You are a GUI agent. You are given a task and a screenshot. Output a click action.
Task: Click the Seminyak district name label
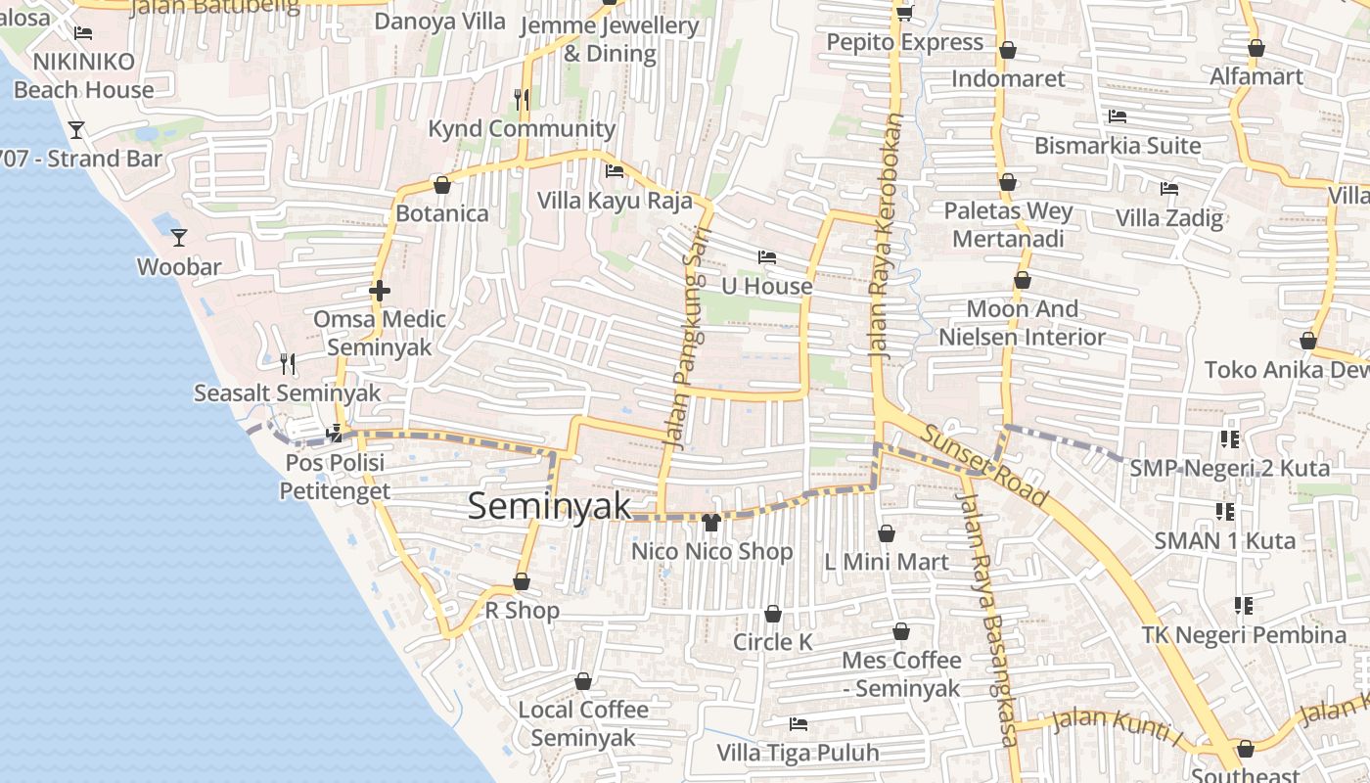(x=549, y=506)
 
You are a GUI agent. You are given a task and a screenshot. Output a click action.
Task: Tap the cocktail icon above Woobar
(x=178, y=237)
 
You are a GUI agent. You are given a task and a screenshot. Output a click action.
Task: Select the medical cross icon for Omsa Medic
(x=380, y=291)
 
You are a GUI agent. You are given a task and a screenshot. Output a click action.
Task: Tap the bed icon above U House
(x=767, y=257)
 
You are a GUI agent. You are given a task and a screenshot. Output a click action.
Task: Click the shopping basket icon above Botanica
(x=442, y=184)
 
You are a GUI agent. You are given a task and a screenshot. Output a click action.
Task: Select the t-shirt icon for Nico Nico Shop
(x=711, y=522)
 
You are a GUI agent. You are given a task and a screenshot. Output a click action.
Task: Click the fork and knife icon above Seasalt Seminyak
(x=287, y=364)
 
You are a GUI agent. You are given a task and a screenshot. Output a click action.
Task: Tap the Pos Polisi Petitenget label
(x=335, y=477)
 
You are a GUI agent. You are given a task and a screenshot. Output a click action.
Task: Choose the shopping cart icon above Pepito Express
(x=904, y=13)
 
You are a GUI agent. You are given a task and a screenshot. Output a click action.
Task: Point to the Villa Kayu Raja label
(x=615, y=201)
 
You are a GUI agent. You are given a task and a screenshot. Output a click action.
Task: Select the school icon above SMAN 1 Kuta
(x=1224, y=511)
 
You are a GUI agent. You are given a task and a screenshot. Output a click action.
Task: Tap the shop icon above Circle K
(x=773, y=614)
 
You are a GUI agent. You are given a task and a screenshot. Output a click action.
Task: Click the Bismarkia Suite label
(x=1118, y=146)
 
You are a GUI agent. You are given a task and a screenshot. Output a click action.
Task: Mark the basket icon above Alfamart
(x=1256, y=47)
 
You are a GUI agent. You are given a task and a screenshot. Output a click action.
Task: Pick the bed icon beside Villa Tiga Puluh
(x=799, y=724)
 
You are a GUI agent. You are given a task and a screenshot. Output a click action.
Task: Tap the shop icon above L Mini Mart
(x=886, y=533)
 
